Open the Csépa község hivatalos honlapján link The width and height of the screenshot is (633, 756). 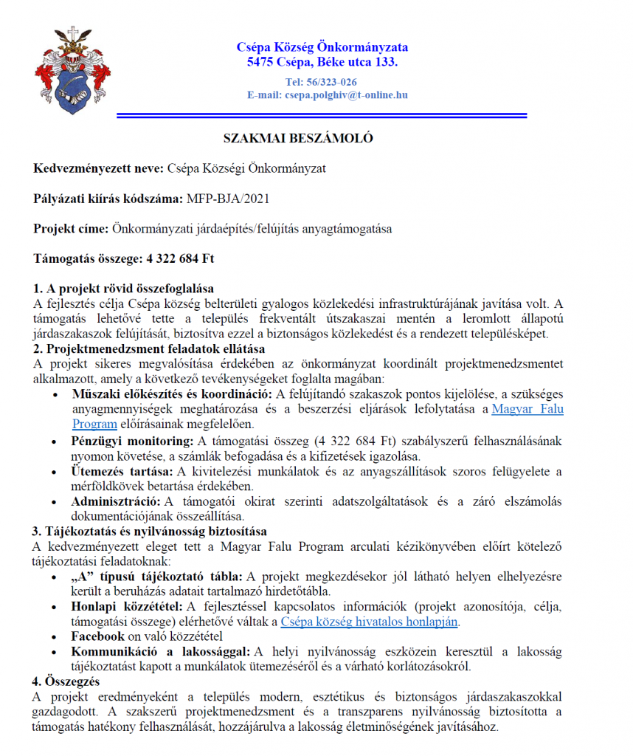370,622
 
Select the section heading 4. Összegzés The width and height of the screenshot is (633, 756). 67,681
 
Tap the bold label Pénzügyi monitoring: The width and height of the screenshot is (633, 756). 131,441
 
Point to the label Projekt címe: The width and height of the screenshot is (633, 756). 71,229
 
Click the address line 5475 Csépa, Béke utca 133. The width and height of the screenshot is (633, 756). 322,62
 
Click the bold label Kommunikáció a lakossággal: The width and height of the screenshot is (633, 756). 161,651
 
